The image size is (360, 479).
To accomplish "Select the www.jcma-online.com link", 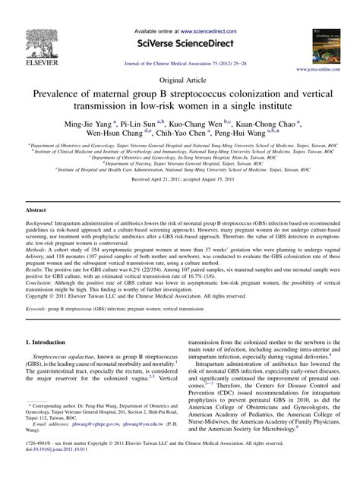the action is pyautogui.click(x=328, y=68).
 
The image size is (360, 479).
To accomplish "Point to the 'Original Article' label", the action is pyautogui.click(x=180, y=78).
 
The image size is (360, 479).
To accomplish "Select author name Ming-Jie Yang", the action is pyautogui.click(x=88, y=121).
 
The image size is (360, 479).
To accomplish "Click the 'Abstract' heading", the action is pyautogui.click(x=37, y=207).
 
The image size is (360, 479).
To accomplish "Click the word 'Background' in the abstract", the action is pyautogui.click(x=41, y=225).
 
